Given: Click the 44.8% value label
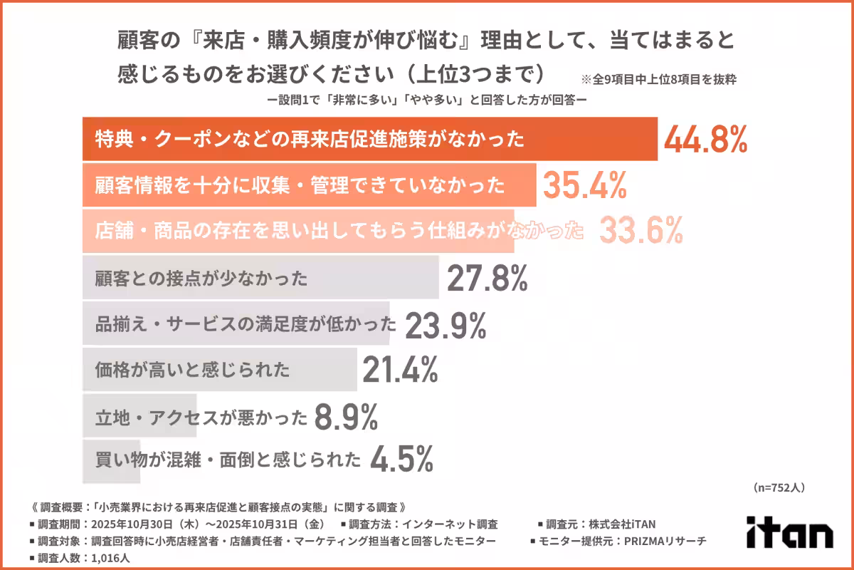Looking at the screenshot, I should pos(705,140).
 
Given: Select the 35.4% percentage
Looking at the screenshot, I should pos(585,185).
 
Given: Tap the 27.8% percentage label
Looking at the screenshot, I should pos(487,278).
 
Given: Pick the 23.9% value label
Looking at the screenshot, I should pos(446,325).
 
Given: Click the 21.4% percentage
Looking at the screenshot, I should pos(400,370).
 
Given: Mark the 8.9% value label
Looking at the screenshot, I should pos(346,418).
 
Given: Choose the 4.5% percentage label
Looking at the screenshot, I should pos(402,460).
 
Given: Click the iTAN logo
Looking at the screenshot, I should pos(789,531).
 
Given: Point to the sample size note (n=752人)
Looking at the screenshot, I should pos(778,488).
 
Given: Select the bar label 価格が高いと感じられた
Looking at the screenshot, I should pos(193,370).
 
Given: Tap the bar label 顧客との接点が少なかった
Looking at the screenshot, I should pos(201,278).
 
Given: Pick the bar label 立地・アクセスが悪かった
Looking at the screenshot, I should pos(201,418).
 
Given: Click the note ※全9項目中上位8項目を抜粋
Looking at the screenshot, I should pos(658,80).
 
